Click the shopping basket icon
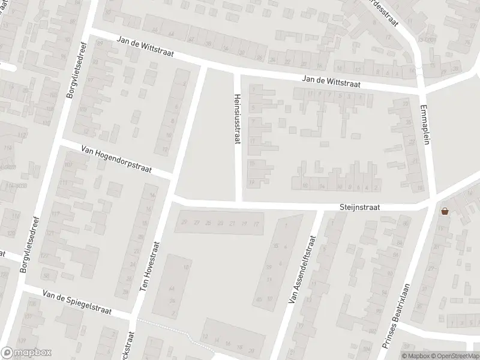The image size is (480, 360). [445, 211]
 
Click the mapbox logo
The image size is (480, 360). [26, 352]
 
